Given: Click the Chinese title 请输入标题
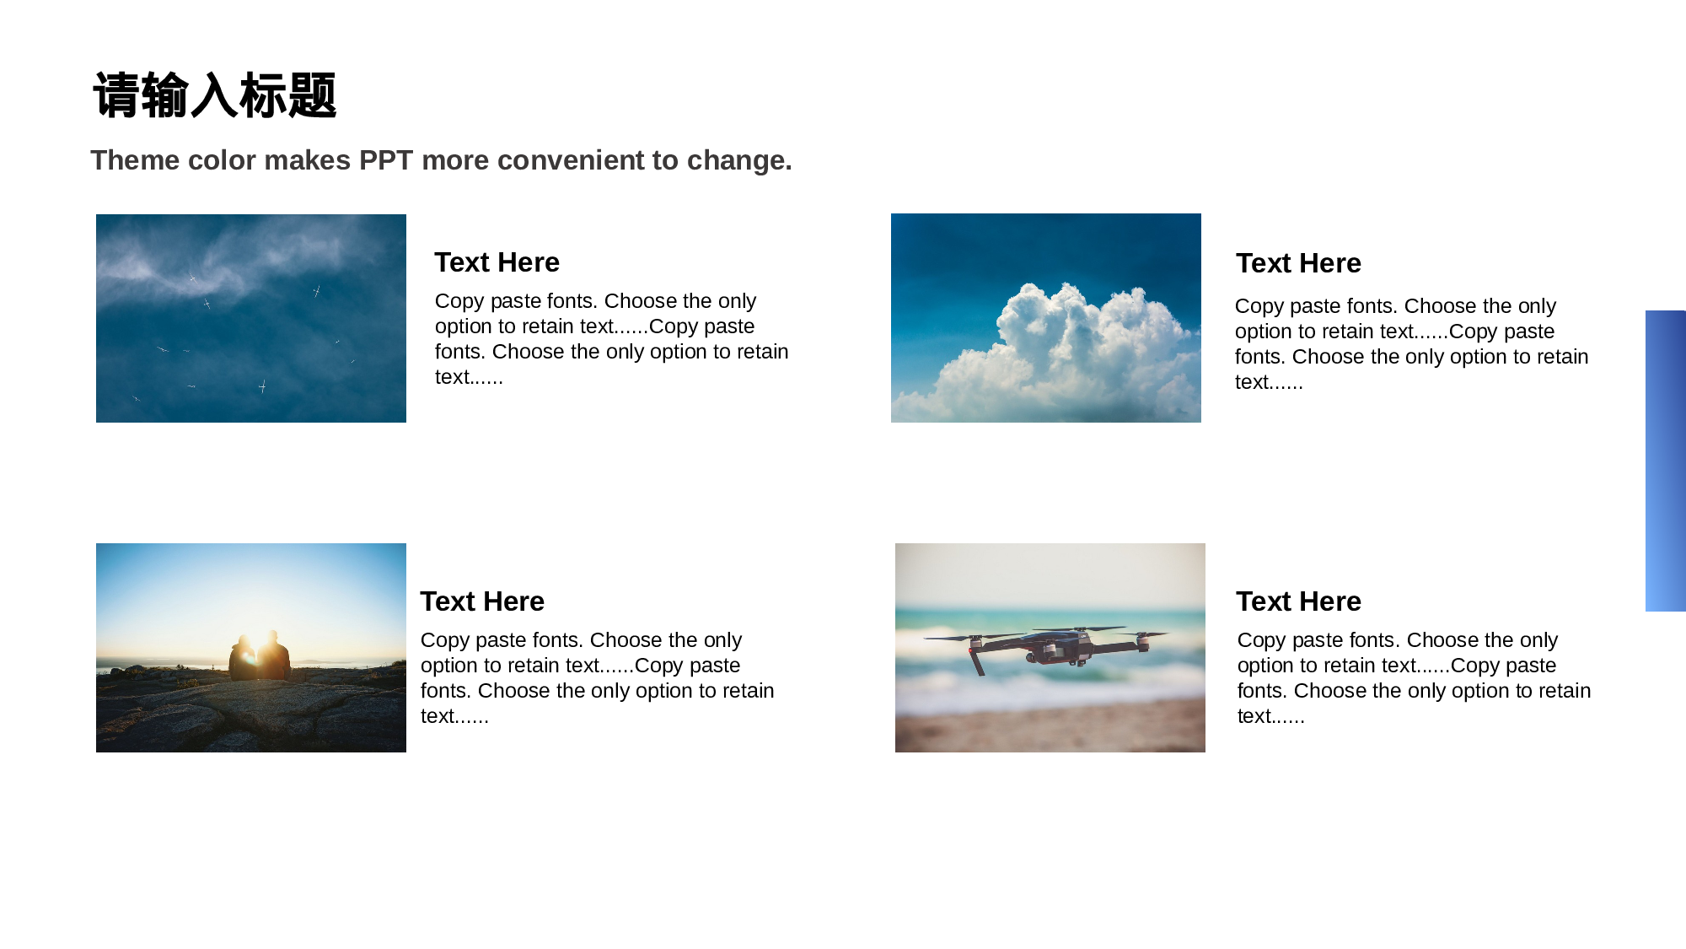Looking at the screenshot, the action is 215,94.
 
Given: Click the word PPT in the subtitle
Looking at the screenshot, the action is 386,160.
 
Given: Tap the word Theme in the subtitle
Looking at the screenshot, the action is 135,160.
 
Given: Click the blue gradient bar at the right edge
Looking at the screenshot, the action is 1666,461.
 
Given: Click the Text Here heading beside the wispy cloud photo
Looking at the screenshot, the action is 497,262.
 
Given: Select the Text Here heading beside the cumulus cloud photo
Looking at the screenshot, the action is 1298,263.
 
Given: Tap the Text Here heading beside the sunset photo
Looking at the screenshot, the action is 482,601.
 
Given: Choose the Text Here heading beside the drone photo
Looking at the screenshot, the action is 1298,601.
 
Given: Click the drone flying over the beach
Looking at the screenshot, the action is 1048,648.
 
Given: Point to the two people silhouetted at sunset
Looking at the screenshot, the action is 260,656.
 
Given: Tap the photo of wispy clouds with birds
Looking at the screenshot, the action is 251,318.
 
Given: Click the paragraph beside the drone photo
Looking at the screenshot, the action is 1414,678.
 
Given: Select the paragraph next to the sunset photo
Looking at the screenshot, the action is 597,678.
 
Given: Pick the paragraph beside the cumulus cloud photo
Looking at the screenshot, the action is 1411,344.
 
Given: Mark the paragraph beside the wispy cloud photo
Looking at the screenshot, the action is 611,339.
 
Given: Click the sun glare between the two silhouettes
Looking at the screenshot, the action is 250,655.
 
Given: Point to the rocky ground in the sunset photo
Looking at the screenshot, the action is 251,713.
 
